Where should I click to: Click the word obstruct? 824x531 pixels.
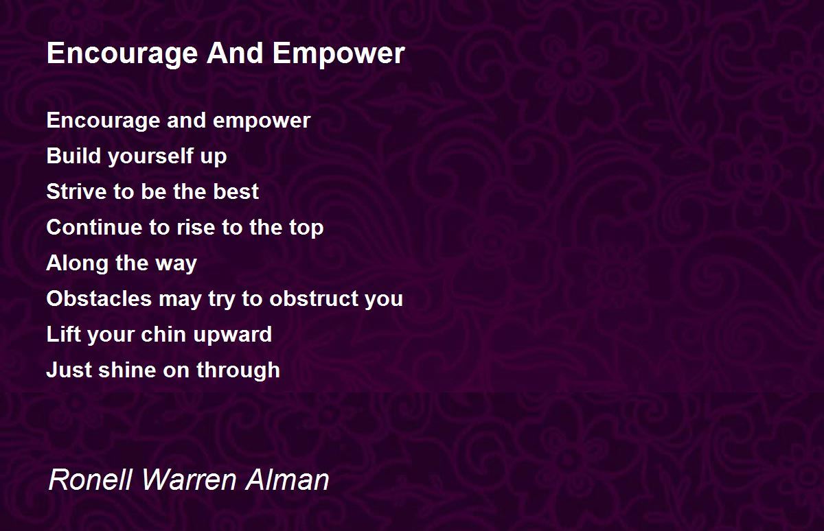tap(312, 298)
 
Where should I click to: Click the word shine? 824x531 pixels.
tap(127, 370)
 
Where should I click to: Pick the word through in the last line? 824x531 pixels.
tap(238, 370)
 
